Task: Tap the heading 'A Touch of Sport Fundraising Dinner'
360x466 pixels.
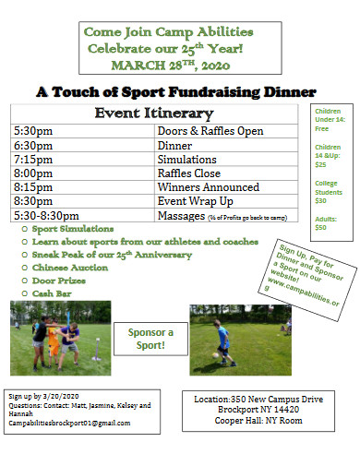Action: click(175, 92)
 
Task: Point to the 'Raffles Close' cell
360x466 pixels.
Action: click(188, 173)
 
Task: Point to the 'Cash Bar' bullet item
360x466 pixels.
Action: click(54, 293)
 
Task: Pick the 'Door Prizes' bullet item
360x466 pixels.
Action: click(60, 280)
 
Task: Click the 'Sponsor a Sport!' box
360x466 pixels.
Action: click(150, 339)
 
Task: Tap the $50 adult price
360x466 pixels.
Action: click(321, 227)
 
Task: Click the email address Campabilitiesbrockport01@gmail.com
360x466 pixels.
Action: click(69, 424)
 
